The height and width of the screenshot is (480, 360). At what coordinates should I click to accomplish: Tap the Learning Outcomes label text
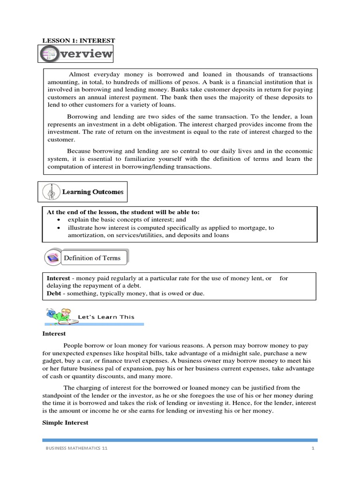coord(93,192)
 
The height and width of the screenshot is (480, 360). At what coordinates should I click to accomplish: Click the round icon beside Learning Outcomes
coord(50,192)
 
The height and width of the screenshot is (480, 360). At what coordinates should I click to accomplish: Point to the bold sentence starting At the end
coord(123,212)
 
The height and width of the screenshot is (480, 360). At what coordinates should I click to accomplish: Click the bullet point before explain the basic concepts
coord(58,220)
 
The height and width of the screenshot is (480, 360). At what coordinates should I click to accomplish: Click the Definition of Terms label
coord(92,258)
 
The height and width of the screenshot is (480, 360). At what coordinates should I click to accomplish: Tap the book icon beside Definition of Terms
coord(52,258)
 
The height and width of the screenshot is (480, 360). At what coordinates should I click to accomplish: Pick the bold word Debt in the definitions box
coord(53,293)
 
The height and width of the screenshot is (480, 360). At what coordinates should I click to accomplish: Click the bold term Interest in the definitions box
coord(58,278)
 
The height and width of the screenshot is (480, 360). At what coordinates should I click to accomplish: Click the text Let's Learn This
coord(106,317)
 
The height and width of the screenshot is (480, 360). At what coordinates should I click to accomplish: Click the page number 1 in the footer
coord(312,449)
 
